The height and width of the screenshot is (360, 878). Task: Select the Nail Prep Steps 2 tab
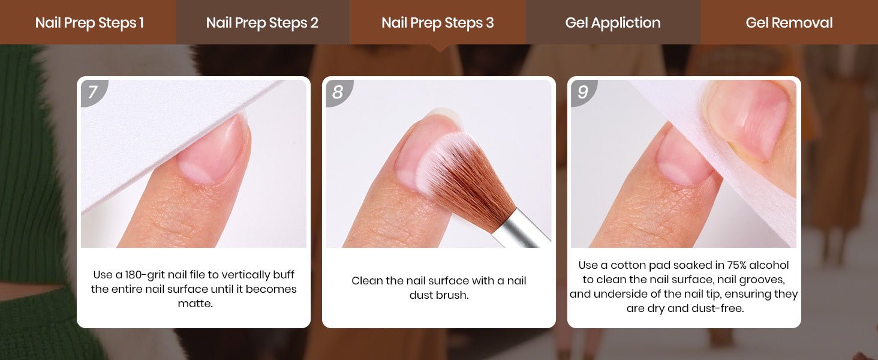tap(263, 22)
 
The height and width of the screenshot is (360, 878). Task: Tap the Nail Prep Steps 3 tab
tap(437, 22)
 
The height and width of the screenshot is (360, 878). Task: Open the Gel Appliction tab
tap(613, 22)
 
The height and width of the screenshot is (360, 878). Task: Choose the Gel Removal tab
tap(789, 22)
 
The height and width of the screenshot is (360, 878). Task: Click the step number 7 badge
tap(93, 92)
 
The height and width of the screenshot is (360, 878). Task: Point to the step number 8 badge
tap(338, 92)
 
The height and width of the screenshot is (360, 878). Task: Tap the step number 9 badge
tap(583, 92)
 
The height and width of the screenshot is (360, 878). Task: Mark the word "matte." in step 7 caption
tap(195, 304)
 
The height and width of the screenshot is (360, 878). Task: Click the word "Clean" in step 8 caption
tap(367, 281)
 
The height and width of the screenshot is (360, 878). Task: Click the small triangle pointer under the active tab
tap(440, 48)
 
